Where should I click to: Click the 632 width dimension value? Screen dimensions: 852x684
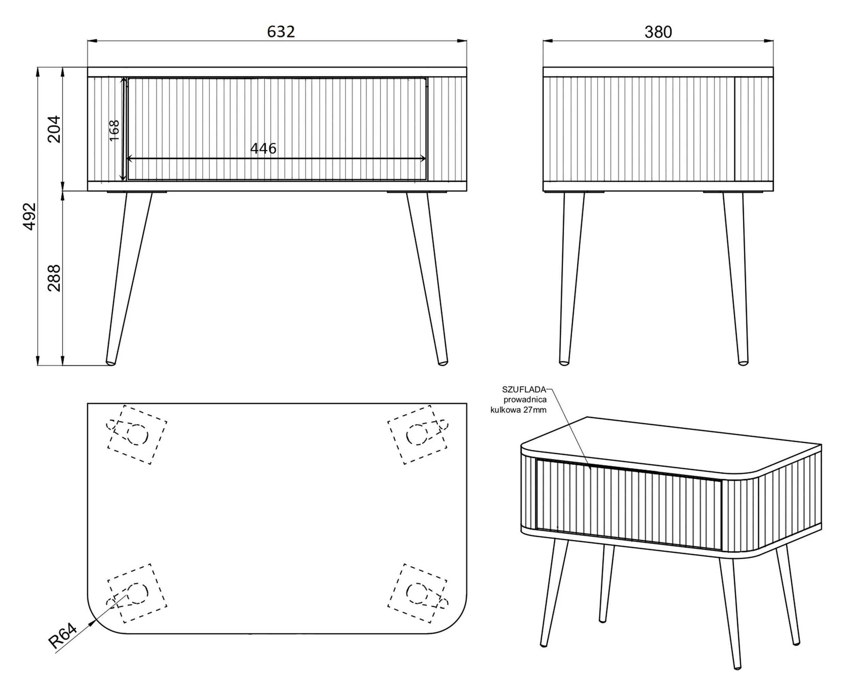click(281, 32)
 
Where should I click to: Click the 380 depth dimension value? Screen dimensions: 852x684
click(658, 32)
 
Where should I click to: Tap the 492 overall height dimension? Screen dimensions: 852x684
click(30, 216)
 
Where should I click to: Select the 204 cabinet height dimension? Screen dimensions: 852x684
click(54, 129)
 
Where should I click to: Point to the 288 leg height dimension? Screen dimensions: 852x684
click(54, 278)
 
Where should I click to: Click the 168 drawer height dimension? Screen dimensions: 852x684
click(114, 130)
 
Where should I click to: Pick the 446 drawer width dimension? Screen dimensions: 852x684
click(263, 149)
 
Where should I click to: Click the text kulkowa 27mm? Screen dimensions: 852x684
click(518, 410)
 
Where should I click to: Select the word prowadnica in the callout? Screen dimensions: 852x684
click(525, 400)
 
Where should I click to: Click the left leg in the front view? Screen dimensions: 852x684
click(128, 278)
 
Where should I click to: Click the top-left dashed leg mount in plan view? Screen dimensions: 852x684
click(137, 434)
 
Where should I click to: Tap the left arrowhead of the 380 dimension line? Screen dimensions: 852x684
click(548, 41)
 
